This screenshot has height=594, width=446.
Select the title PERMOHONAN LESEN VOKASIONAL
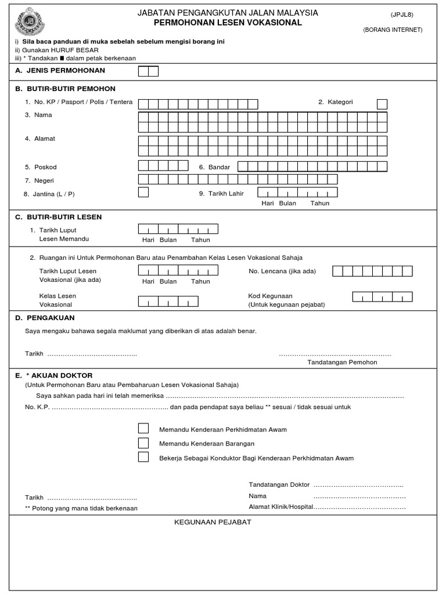228,23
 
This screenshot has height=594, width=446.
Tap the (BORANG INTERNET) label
393,30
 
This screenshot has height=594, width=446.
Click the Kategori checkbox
382,104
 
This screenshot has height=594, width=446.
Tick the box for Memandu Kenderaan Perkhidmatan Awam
143,429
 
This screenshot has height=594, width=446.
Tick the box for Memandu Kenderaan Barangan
143,443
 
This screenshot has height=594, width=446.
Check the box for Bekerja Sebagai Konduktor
143,457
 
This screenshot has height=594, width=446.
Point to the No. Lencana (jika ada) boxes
372,271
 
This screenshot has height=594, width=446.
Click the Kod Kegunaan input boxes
382,296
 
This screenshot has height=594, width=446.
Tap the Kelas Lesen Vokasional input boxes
168,301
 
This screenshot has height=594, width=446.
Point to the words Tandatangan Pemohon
342,362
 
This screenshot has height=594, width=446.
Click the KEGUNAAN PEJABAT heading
213,522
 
